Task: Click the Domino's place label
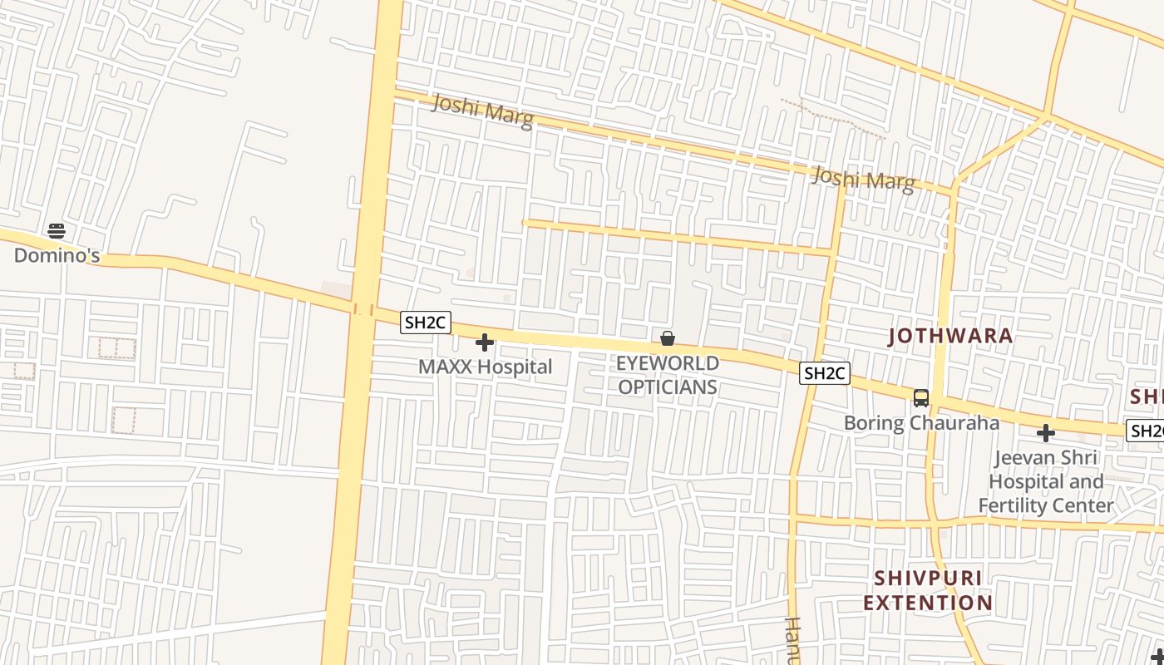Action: coord(57,255)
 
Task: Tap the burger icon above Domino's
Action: coord(57,230)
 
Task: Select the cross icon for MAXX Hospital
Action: coord(485,342)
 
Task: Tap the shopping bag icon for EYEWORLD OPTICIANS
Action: coord(667,338)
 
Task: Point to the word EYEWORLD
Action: coord(667,363)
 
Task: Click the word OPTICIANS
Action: coord(667,387)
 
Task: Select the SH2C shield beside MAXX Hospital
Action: coord(426,323)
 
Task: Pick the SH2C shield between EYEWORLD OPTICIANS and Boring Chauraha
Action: coord(824,373)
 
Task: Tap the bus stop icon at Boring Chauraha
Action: coord(921,398)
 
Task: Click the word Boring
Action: coord(874,422)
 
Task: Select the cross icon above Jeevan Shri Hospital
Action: coord(1046,433)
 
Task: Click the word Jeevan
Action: coord(1026,457)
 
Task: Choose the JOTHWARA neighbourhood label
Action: coord(950,336)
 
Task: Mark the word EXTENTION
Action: coord(928,602)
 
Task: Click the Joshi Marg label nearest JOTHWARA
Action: coord(863,179)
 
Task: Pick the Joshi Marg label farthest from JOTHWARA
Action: coord(482,111)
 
